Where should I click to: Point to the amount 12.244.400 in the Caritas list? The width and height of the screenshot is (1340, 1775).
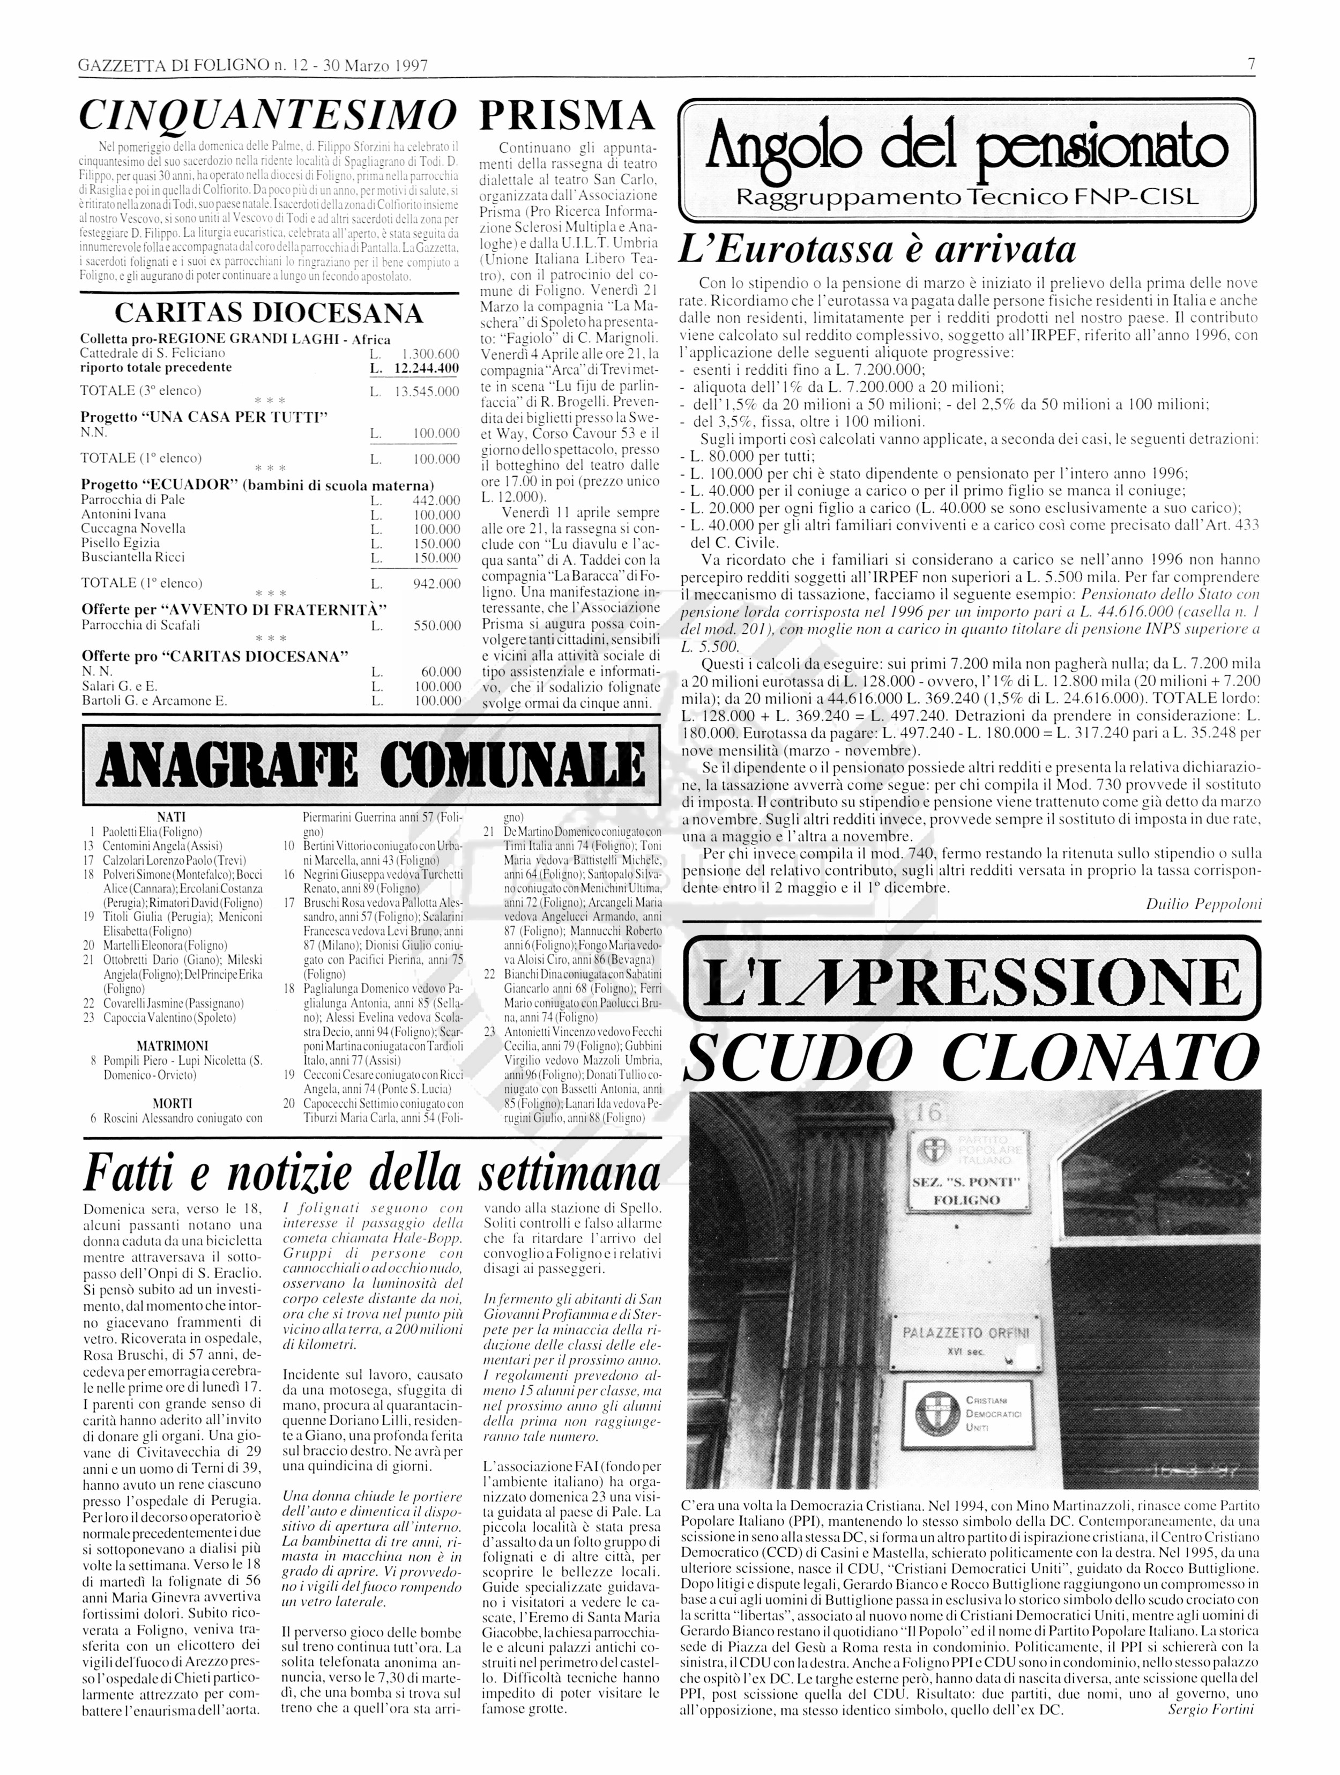(x=426, y=368)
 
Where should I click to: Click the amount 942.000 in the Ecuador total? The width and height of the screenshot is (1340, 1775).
(x=436, y=583)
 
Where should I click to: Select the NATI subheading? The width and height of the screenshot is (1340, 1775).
(x=172, y=817)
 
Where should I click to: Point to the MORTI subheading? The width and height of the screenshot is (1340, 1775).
(x=172, y=1103)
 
